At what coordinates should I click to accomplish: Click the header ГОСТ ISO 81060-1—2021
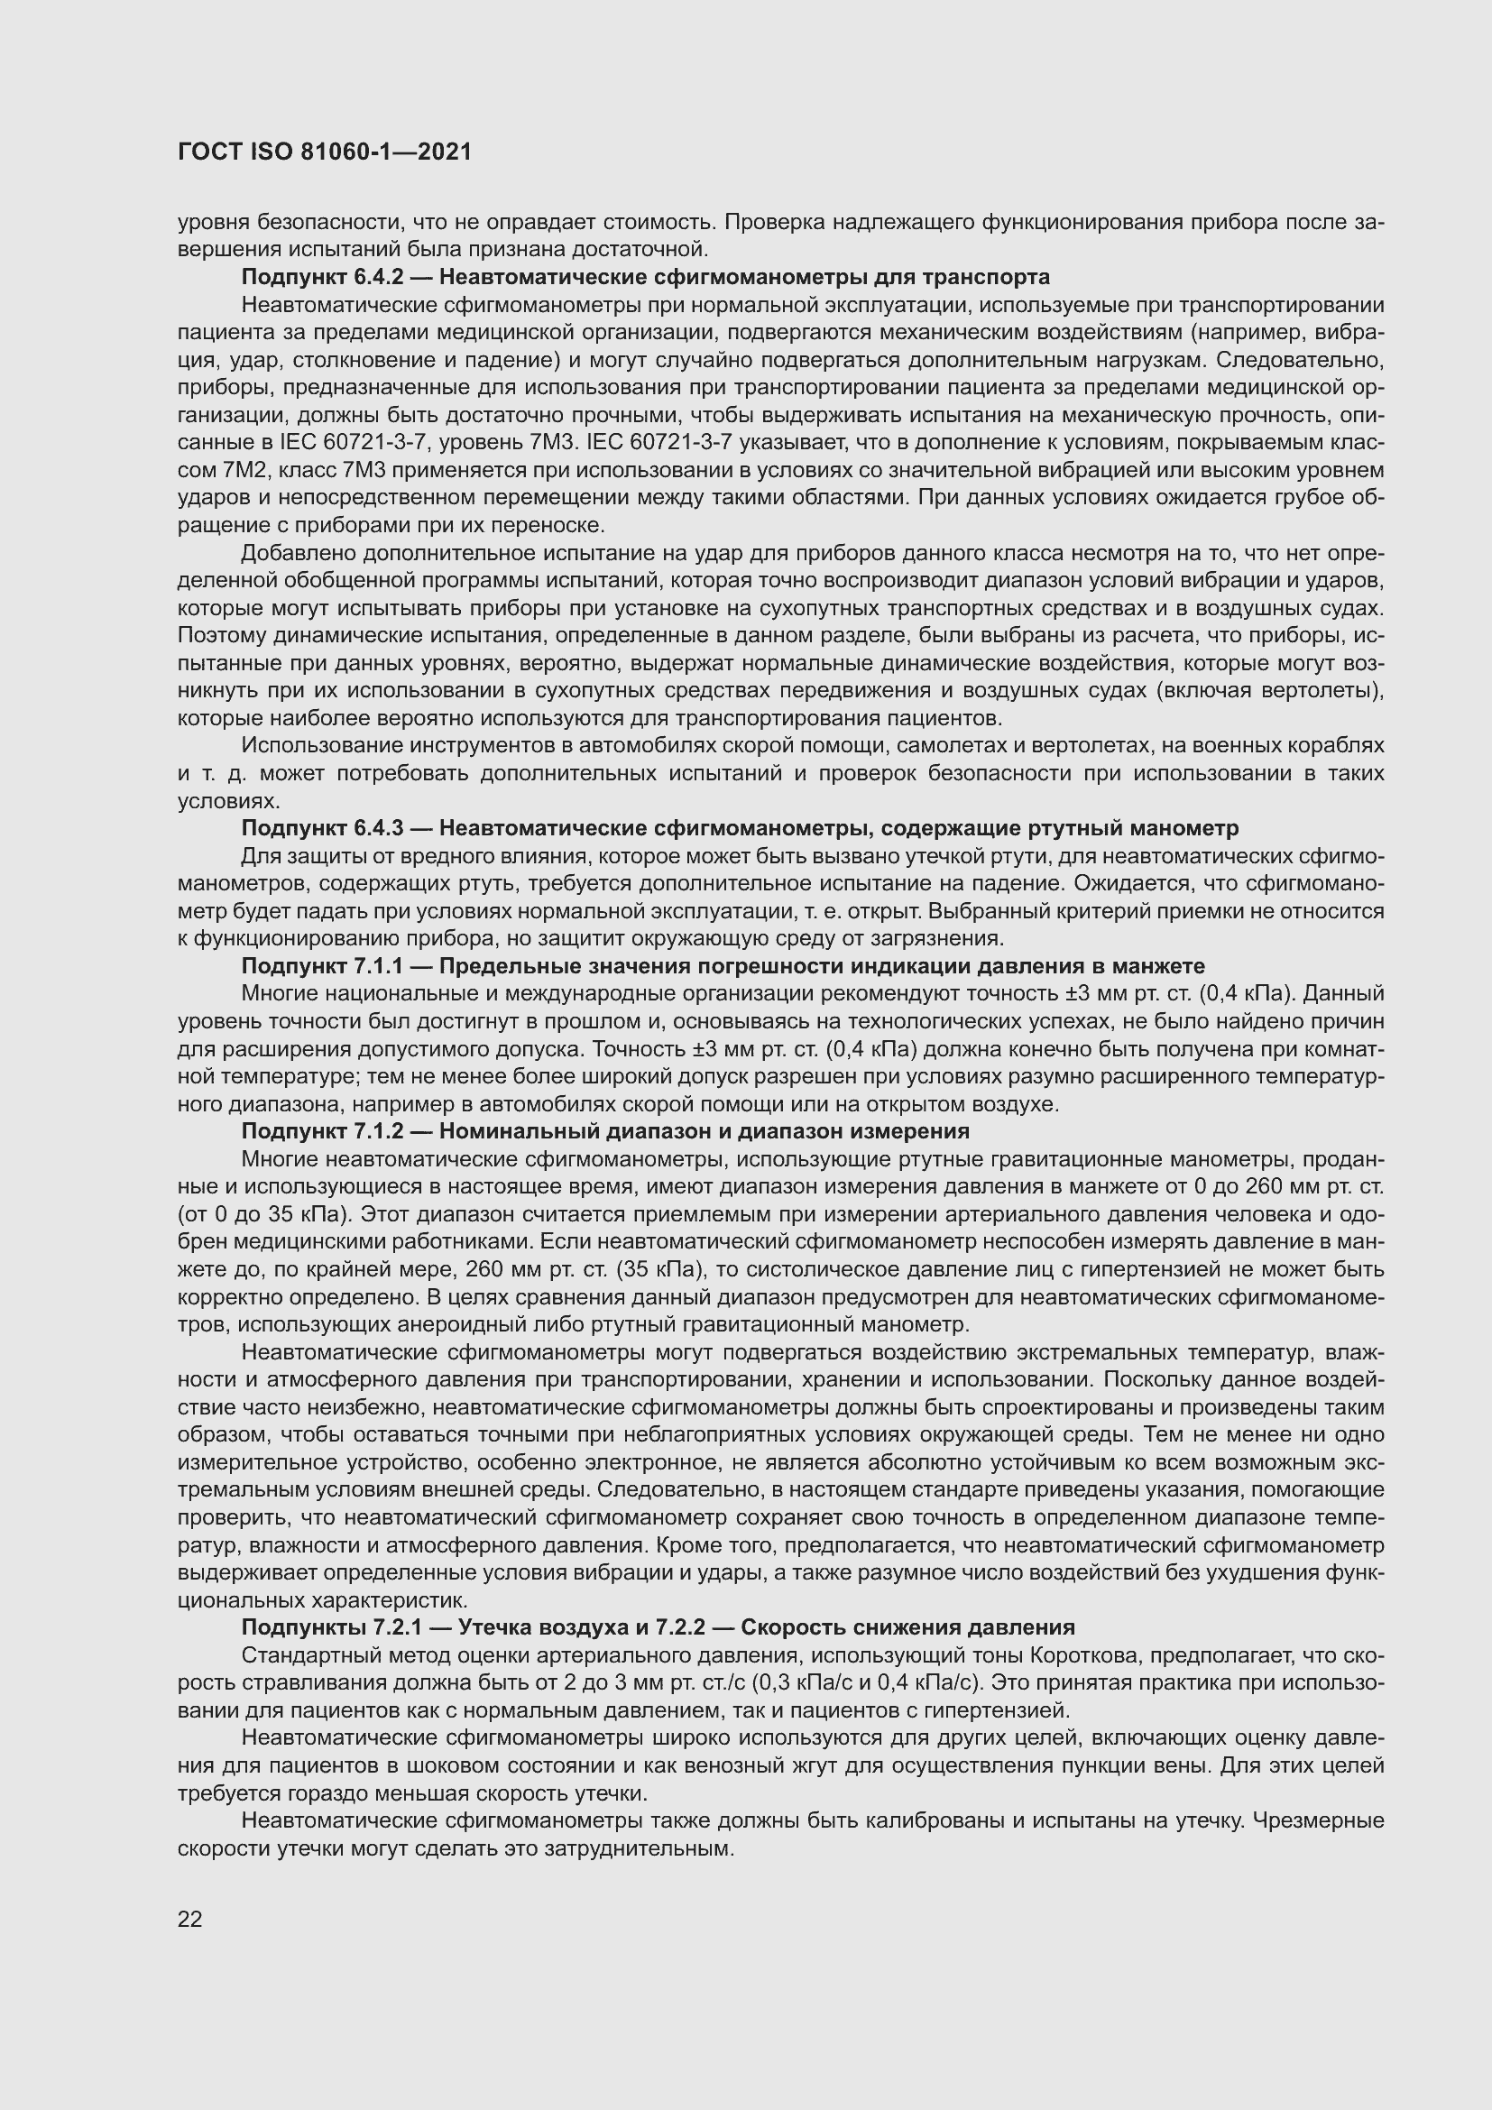coord(325,152)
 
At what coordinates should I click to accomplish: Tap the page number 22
coord(190,1918)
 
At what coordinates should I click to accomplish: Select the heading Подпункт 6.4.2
coord(322,277)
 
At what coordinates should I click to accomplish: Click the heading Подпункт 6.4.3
coord(322,828)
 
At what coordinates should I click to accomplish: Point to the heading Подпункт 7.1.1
coord(322,966)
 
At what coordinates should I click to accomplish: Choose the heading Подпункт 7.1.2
coord(322,1130)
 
